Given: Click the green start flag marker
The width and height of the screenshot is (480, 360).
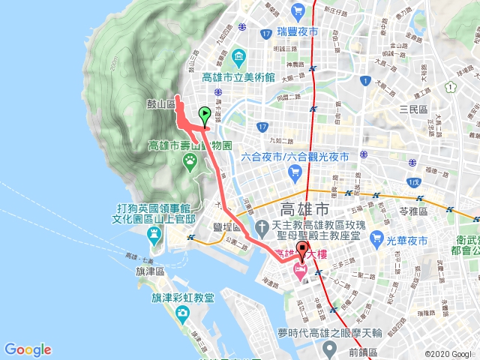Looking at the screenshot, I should (x=204, y=115).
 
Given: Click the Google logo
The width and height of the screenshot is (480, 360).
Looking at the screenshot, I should (x=28, y=349).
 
